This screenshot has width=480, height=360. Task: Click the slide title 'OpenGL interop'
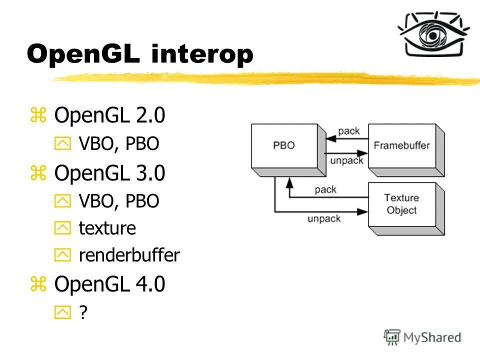click(140, 54)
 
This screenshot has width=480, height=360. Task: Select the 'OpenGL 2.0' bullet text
click(109, 116)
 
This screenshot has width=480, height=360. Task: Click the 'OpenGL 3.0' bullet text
click(109, 173)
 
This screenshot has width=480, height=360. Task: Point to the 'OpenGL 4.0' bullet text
click(109, 284)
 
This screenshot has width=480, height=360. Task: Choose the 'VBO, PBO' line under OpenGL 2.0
click(119, 144)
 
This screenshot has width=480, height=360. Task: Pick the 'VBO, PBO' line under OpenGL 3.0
click(119, 201)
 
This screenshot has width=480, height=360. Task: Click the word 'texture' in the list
click(107, 228)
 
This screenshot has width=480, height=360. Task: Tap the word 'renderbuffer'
click(129, 256)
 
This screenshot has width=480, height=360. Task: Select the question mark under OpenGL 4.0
click(83, 313)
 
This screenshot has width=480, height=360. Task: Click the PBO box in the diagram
click(284, 146)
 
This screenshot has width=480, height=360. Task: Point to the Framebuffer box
click(401, 146)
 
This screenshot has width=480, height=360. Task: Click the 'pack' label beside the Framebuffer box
click(348, 131)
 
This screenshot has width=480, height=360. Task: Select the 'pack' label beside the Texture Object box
click(325, 189)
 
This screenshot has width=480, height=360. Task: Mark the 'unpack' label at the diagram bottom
click(324, 218)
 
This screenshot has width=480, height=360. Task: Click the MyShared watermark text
click(432, 337)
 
